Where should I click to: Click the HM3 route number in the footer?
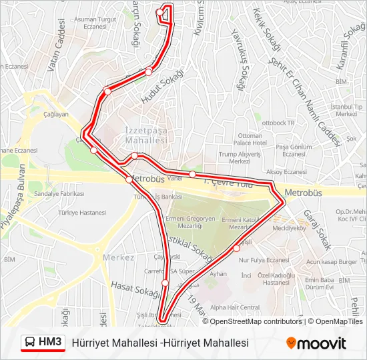coord(50,342)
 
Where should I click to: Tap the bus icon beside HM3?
coord(30,343)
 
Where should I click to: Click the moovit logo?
coord(316,343)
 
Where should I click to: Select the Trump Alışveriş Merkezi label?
coord(240,157)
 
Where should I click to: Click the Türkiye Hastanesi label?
coord(81,213)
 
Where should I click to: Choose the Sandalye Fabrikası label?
coord(59,193)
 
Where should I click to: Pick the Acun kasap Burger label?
coord(332,262)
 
